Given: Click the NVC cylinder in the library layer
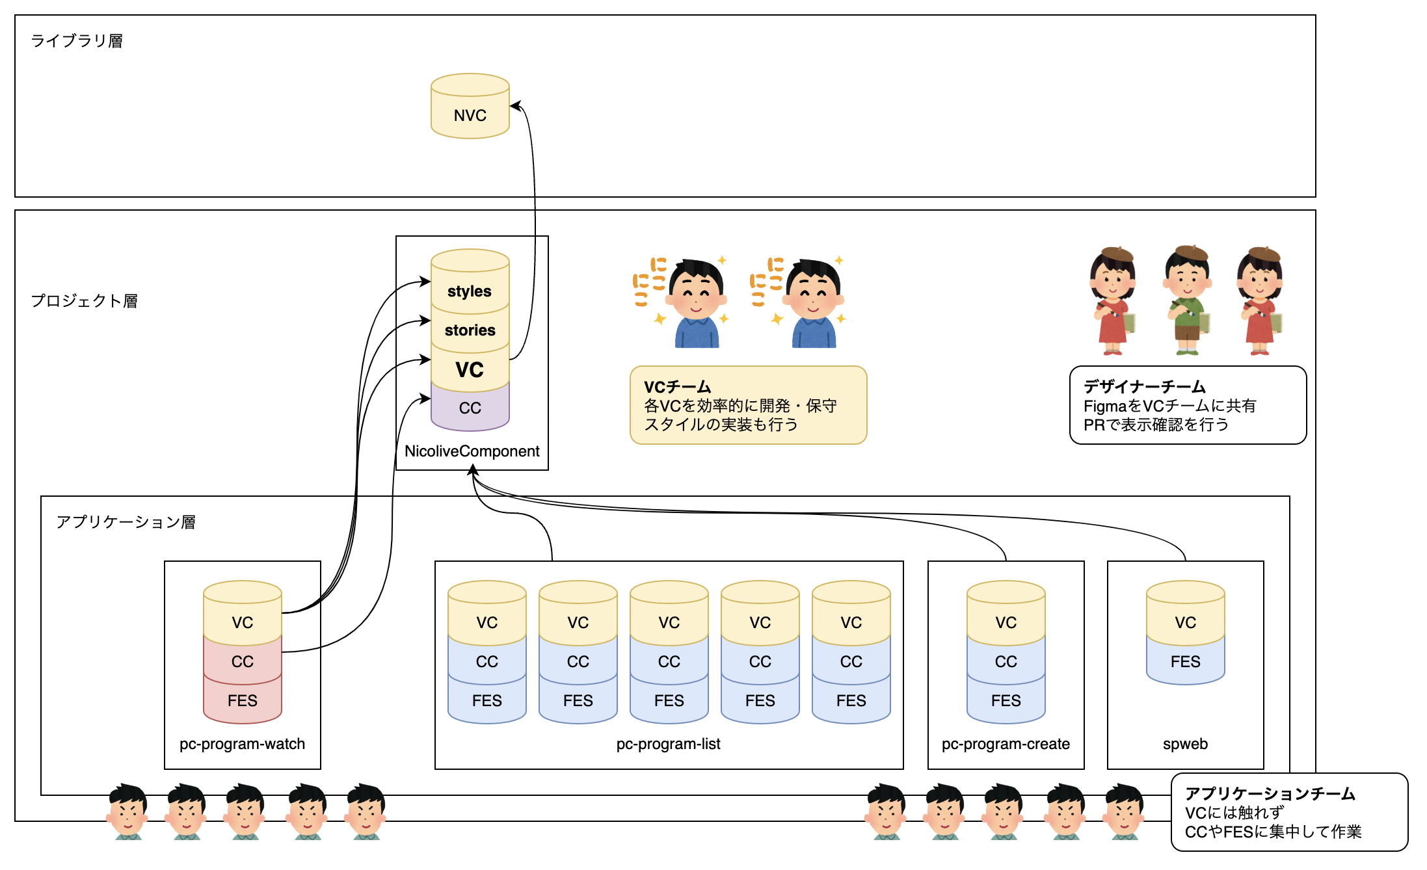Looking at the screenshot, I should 470,111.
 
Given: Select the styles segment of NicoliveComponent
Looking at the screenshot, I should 470,291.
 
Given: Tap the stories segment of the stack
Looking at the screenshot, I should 470,330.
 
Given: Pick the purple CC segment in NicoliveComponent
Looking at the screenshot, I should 470,408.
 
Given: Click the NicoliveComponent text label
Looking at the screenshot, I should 472,451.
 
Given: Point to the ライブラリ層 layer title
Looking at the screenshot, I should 77,41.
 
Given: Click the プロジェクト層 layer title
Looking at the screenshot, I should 85,301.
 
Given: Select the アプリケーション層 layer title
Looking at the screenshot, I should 126,522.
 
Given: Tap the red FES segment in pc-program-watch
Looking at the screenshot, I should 242,701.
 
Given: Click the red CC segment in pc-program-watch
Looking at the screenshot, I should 242,662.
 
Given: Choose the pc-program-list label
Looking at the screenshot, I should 668,744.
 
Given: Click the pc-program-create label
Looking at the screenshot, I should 1006,744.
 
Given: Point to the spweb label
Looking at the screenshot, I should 1185,744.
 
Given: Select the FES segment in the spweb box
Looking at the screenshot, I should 1185,662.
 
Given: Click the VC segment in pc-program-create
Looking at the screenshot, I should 1006,622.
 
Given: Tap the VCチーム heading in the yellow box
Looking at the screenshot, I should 677,387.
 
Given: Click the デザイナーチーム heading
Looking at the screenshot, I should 1144,387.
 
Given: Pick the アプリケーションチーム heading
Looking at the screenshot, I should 1270,794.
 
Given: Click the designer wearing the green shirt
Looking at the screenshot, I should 1187,300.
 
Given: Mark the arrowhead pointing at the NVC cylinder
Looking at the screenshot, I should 514,105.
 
